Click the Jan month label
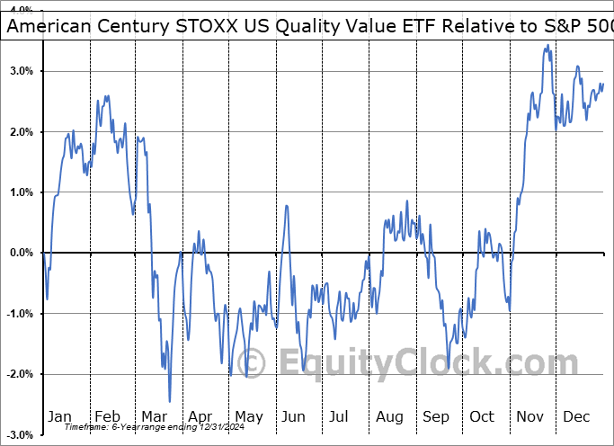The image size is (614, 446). [x=59, y=416]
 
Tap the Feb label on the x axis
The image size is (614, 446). [x=107, y=416]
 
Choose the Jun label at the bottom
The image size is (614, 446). [x=294, y=416]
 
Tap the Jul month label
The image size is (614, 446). [x=340, y=416]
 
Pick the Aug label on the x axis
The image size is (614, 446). [x=389, y=416]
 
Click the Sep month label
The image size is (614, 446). [x=436, y=416]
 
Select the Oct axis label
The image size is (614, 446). [x=483, y=416]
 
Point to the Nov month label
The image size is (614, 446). [x=530, y=416]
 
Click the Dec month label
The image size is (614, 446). [x=577, y=416]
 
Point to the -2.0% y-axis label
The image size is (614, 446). [x=19, y=374]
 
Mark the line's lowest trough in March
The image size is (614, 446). [x=169, y=401]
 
